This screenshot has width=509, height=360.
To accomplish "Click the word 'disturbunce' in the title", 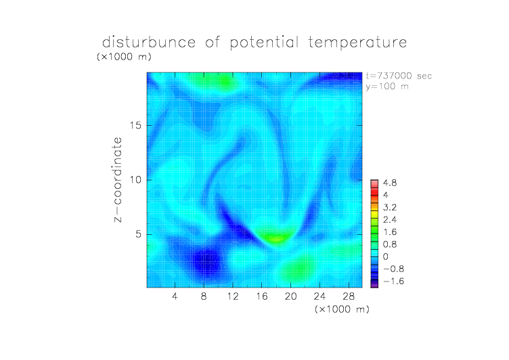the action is coord(149,42).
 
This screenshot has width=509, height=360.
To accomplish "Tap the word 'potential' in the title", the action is coord(264,43).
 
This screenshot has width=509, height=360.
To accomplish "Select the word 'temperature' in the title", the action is coord(357,43).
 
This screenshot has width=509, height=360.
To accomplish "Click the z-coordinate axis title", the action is coord(118,179).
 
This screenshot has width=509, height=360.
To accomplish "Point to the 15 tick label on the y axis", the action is coord(135,125).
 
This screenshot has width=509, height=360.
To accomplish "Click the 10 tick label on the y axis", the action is coord(135,180).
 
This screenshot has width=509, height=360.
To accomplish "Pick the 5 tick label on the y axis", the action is coord(139,234).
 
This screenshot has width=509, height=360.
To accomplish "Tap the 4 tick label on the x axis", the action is coord(175,296).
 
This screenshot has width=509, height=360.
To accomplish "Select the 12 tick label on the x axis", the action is coord(233,296).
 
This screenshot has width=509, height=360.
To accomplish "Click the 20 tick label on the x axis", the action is coord(290,296).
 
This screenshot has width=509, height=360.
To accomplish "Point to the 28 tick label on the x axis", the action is coord(349,296).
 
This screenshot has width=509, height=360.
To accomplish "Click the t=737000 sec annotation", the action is coord(399,76).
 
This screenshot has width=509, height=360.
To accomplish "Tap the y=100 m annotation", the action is coord(387,87).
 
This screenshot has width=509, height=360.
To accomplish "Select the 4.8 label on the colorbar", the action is coord(390,183).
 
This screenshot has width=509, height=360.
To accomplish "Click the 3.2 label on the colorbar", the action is coord(390,208).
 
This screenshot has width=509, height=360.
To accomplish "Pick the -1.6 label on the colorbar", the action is coord(393,281).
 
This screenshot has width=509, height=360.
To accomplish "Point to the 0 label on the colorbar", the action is coord(386,256).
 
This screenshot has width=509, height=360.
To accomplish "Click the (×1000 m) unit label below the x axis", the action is coord(342,309).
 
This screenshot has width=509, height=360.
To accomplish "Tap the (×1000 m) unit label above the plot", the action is coord(124,56).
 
